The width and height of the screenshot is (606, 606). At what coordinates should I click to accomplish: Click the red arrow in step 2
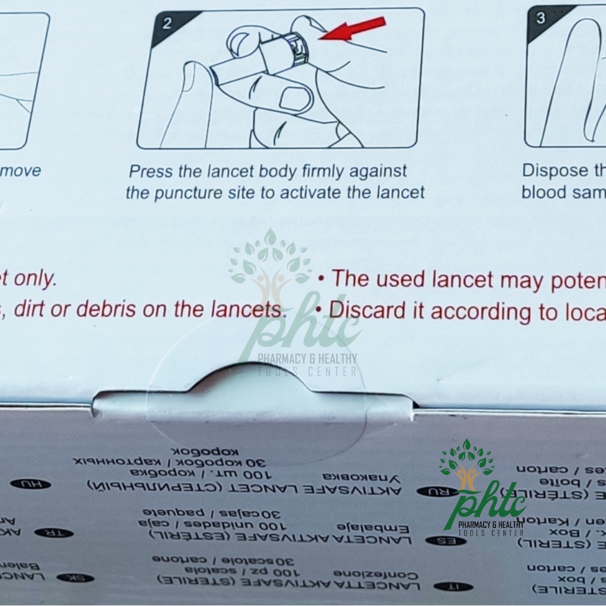354,29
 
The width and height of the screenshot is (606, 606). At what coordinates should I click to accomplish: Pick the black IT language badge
453,586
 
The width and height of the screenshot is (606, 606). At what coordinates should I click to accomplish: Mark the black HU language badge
30,483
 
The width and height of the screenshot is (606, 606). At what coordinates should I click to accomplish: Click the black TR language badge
54,533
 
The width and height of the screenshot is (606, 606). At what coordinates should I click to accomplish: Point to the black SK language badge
75,577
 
